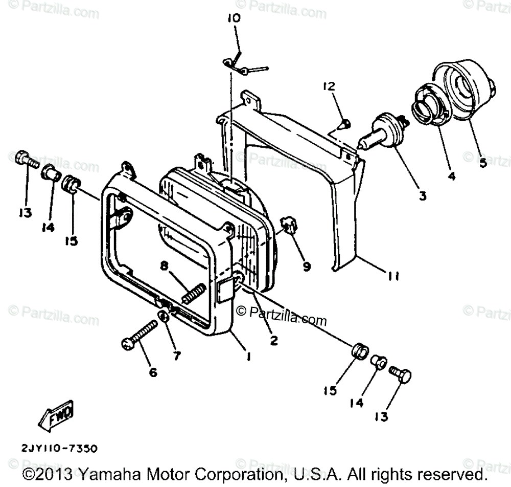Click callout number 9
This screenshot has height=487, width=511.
[306, 266]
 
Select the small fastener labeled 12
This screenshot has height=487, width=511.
[345, 123]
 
